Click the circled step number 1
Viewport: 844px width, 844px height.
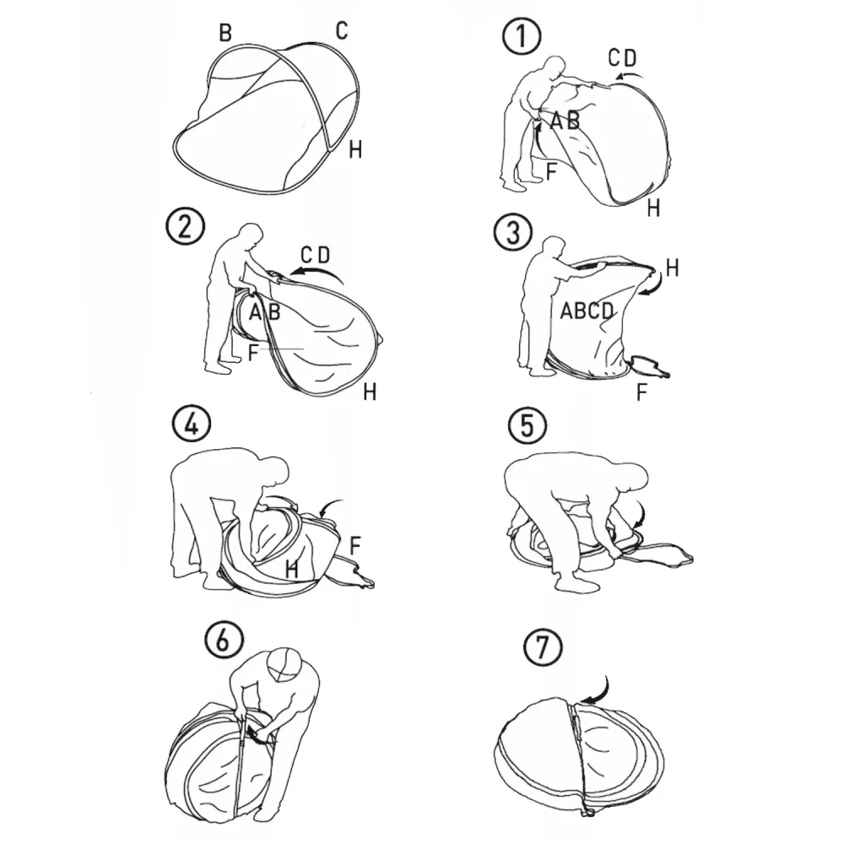pyautogui.click(x=522, y=36)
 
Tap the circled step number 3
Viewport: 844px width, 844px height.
pyautogui.click(x=513, y=233)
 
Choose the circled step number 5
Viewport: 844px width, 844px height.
pyautogui.click(x=527, y=425)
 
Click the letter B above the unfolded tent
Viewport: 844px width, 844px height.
pyautogui.click(x=225, y=33)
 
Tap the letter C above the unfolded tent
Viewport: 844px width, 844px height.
pyautogui.click(x=342, y=30)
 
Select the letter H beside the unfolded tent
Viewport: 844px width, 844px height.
pyautogui.click(x=355, y=149)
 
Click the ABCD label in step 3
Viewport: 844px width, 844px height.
pyautogui.click(x=587, y=311)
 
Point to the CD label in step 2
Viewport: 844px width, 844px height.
pyautogui.click(x=315, y=255)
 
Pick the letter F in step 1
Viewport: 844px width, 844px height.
pyautogui.click(x=550, y=171)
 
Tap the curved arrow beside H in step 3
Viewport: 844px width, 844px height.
pyautogui.click(x=652, y=284)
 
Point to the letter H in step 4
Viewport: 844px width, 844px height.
pyautogui.click(x=292, y=568)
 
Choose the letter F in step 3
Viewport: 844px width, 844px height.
pyautogui.click(x=641, y=392)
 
